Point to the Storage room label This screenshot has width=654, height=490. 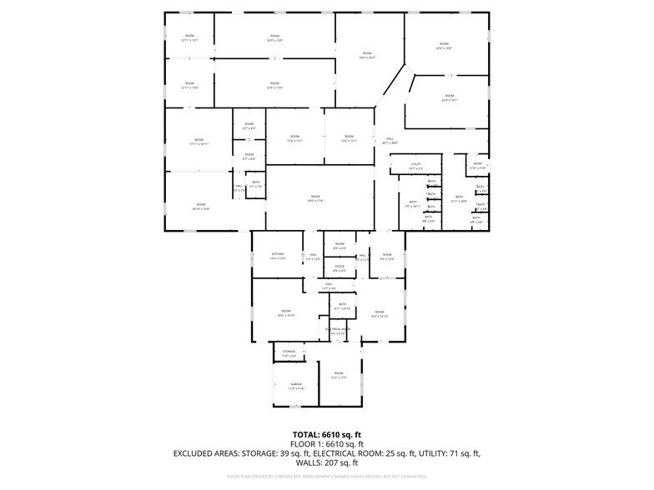[289, 354]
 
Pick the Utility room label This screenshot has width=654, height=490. [415, 166]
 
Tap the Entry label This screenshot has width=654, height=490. [478, 166]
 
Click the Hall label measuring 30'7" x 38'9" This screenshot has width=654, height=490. [390, 141]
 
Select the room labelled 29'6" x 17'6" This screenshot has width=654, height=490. [314, 198]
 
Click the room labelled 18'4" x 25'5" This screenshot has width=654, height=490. [367, 55]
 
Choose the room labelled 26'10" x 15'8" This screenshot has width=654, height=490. [200, 206]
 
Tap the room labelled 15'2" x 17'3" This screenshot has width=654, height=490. [339, 375]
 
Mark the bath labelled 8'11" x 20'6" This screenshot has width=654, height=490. [459, 199]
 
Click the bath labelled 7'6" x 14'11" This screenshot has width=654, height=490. [412, 203]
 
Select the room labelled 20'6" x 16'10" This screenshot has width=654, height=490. [286, 314]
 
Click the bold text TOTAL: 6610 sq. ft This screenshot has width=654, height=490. [326, 435]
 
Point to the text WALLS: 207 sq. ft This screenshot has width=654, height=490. [326, 462]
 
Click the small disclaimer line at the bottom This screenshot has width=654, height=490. [326, 477]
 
